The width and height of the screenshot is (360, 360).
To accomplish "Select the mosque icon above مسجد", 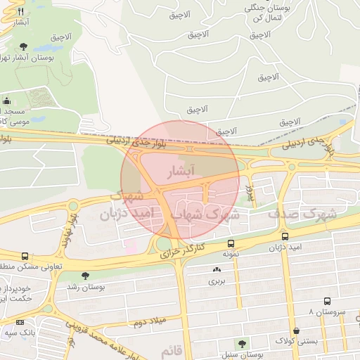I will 7,101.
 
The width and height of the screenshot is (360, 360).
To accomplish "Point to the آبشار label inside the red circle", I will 178,171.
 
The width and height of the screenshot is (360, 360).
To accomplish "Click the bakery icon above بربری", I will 216,269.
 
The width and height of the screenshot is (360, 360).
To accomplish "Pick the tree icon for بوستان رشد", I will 86,276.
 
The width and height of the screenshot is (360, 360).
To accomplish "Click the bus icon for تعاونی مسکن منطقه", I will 25,257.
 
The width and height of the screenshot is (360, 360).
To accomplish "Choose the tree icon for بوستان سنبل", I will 243,344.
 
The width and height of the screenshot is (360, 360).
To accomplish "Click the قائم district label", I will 172,350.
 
